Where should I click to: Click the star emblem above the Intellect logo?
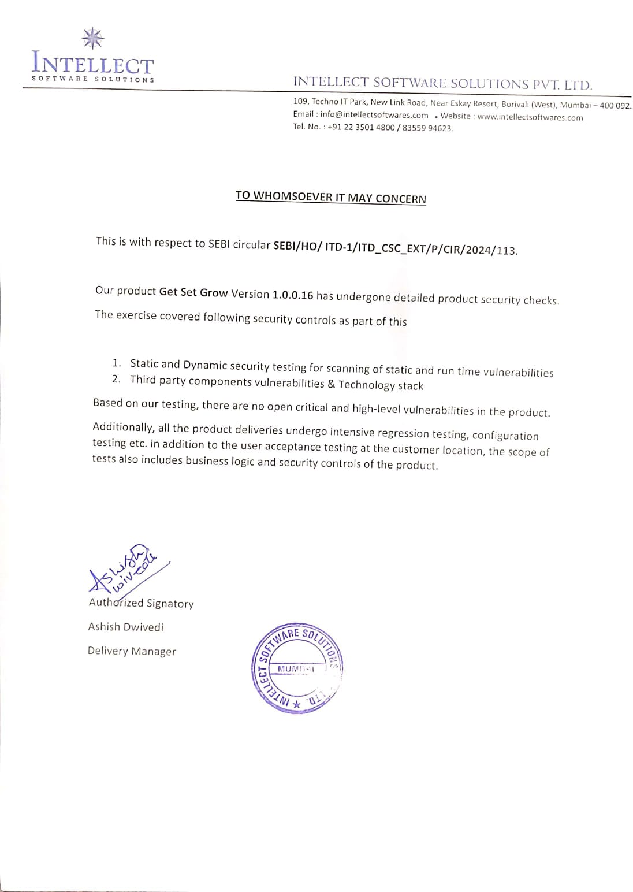(92, 38)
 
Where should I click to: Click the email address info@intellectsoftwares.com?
(374, 115)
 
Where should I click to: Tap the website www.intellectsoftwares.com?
(530, 117)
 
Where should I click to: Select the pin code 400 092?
(616, 106)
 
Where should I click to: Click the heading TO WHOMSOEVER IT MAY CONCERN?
(330, 197)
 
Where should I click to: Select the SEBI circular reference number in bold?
(395, 248)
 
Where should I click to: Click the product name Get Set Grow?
(193, 292)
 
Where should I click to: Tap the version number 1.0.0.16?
(293, 295)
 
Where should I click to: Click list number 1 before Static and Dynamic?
(117, 363)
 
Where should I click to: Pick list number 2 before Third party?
(117, 379)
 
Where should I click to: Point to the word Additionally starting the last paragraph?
(122, 427)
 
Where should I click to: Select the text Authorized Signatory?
(142, 603)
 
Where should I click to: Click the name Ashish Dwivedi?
(126, 627)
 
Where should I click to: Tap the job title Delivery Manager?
(132, 651)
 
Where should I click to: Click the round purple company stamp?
(297, 668)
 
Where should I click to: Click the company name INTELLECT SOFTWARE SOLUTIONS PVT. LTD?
(442, 84)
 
